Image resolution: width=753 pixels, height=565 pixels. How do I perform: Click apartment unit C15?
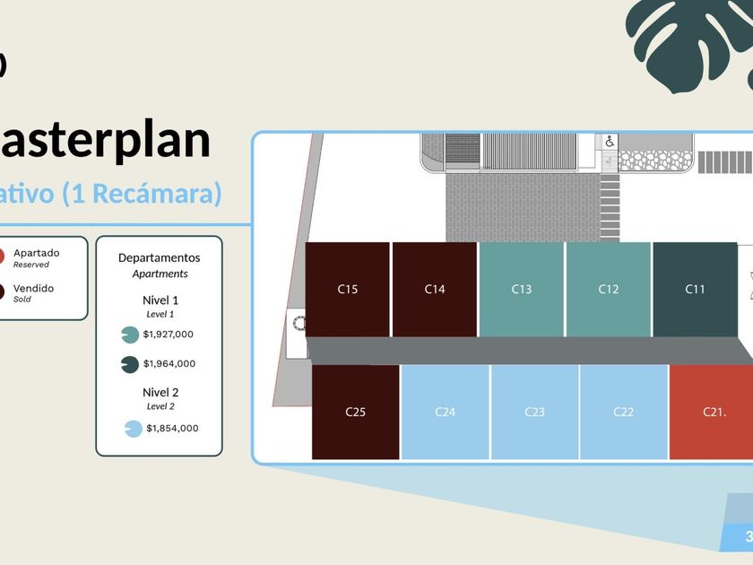pyautogui.click(x=348, y=289)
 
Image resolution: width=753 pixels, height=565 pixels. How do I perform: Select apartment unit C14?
pyautogui.click(x=435, y=289)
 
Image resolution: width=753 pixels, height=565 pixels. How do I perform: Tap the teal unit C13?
pyautogui.click(x=522, y=289)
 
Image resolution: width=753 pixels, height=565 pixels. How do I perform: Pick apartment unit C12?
pyautogui.click(x=609, y=289)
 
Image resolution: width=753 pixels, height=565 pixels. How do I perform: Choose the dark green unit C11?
pyautogui.click(x=696, y=289)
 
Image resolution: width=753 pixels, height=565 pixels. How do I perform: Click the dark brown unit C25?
pyautogui.click(x=356, y=412)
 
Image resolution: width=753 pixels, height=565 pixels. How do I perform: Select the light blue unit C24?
pyautogui.click(x=446, y=412)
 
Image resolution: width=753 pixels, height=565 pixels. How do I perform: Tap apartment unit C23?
pyautogui.click(x=534, y=412)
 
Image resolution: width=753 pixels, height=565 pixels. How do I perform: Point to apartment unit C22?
pyautogui.click(x=624, y=412)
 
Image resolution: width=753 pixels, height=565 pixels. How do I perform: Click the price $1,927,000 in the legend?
pyautogui.click(x=168, y=335)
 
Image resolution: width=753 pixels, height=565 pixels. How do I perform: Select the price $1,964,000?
pyautogui.click(x=169, y=364)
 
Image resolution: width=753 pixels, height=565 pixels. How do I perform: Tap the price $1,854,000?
pyautogui.click(x=172, y=429)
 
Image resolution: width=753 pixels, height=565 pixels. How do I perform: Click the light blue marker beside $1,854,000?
pyautogui.click(x=133, y=429)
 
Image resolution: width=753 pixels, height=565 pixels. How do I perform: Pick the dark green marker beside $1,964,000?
pyautogui.click(x=129, y=364)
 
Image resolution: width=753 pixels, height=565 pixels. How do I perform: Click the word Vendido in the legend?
pyautogui.click(x=33, y=289)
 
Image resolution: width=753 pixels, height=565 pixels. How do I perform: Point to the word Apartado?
pyautogui.click(x=36, y=253)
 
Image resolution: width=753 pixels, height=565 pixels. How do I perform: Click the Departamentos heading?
pyautogui.click(x=160, y=257)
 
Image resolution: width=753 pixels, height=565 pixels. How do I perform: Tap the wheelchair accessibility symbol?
pyautogui.click(x=610, y=141)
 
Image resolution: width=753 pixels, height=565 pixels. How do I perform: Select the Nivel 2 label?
pyautogui.click(x=160, y=392)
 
